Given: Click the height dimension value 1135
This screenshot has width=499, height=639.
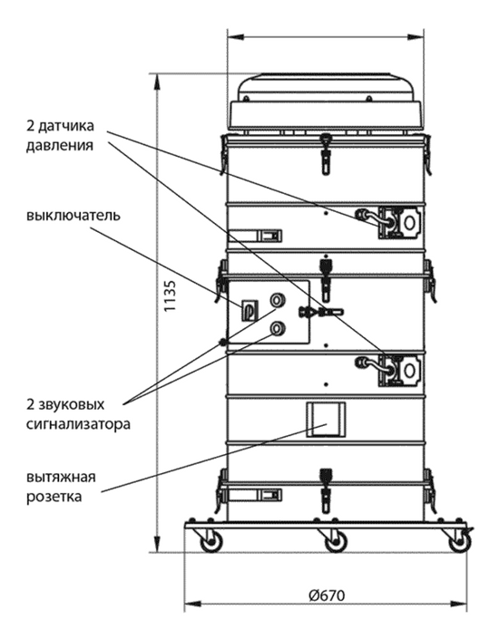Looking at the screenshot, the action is pyautogui.click(x=171, y=296).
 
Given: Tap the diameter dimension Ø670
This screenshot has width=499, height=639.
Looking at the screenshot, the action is pyautogui.click(x=327, y=595).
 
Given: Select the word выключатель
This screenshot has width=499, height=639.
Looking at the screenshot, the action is pyautogui.click(x=73, y=215).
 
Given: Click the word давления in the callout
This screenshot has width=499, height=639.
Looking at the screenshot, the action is pyautogui.click(x=60, y=146).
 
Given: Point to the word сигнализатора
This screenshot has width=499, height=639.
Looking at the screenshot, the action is pyautogui.click(x=78, y=424).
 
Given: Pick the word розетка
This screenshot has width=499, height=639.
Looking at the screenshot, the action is pyautogui.click(x=54, y=497).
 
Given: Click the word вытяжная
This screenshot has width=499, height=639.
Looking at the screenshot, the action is pyautogui.click(x=61, y=477).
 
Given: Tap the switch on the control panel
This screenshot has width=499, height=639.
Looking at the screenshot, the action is pyautogui.click(x=249, y=310).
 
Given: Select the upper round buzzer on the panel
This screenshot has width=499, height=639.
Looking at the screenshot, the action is pyautogui.click(x=278, y=301).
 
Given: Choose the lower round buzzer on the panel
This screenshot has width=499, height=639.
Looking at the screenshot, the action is pyautogui.click(x=278, y=328).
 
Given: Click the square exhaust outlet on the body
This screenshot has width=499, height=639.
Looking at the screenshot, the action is pyautogui.click(x=326, y=420).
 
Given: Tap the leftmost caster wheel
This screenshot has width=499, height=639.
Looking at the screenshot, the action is pyautogui.click(x=211, y=541).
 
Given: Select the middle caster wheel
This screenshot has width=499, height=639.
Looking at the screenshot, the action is pyautogui.click(x=336, y=541).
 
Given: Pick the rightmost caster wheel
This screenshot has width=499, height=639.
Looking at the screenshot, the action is pyautogui.click(x=460, y=541).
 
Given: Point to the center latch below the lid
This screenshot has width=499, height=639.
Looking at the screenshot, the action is pyautogui.click(x=325, y=154).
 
